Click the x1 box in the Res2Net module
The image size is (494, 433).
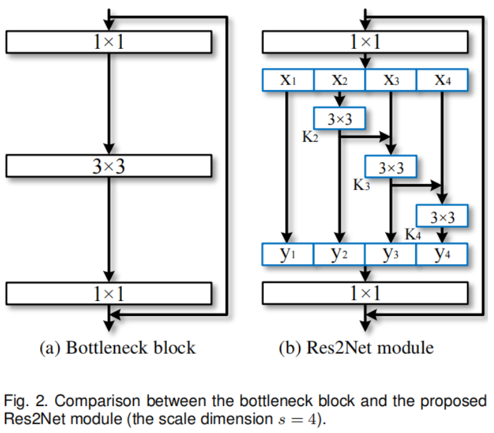(x=288, y=80)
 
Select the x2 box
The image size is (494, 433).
(x=340, y=80)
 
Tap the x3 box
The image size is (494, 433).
(x=391, y=80)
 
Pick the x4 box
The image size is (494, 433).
(x=442, y=80)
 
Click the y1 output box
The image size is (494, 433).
(x=288, y=254)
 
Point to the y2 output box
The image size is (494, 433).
(x=340, y=254)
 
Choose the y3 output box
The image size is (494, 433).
(x=391, y=254)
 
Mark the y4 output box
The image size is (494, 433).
(x=442, y=254)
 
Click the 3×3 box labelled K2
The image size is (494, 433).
(x=340, y=119)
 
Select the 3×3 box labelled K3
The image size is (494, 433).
(x=391, y=167)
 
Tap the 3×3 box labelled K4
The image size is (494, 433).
(x=442, y=216)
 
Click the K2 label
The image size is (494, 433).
(x=310, y=137)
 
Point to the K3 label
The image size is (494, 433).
(x=361, y=186)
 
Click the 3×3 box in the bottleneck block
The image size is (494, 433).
(x=109, y=166)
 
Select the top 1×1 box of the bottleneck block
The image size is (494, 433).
(x=109, y=42)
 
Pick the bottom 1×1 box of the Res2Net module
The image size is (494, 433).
(x=365, y=292)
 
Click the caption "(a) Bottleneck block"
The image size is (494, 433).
(x=109, y=347)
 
